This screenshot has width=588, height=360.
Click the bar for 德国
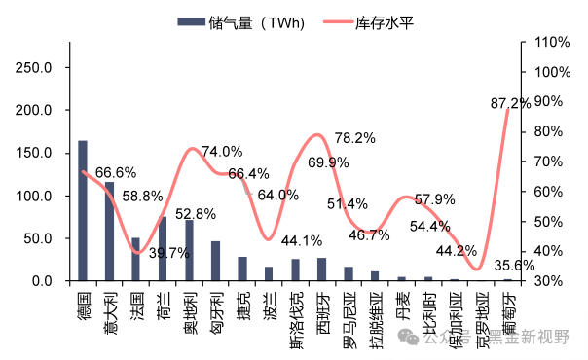pyautogui.click(x=83, y=211)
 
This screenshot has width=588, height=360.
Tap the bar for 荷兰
pyautogui.click(x=163, y=249)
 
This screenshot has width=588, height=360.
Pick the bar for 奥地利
pyautogui.click(x=189, y=250)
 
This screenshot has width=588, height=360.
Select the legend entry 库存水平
pyautogui.click(x=385, y=21)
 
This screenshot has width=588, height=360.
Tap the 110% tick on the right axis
pyautogui.click(x=552, y=43)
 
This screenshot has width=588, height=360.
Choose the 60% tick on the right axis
pyautogui.click(x=549, y=192)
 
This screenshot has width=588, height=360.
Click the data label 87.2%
pyautogui.click(x=510, y=102)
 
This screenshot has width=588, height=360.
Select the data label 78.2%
pyautogui.click(x=354, y=138)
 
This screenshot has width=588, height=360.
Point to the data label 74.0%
pyautogui.click(x=222, y=152)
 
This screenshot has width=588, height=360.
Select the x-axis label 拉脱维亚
pyautogui.click(x=375, y=313)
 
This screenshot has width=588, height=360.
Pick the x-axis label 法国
pyautogui.click(x=136, y=301)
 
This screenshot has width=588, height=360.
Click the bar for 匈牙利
pyautogui.click(x=215, y=261)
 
